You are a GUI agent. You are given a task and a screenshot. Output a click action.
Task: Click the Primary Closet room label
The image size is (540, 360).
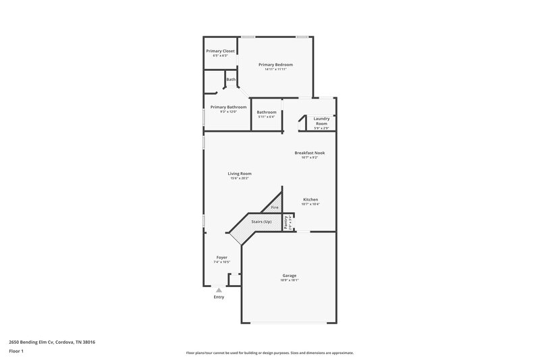[x=220, y=51]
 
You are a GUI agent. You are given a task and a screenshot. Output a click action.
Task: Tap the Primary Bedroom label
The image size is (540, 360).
[x=275, y=65]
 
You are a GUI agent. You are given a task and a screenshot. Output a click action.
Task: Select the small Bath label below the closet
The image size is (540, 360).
[x=231, y=80]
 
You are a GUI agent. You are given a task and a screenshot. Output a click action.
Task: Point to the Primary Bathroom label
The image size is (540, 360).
[x=228, y=107]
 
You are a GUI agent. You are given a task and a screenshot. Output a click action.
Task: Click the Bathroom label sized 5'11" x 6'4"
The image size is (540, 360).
[x=267, y=112]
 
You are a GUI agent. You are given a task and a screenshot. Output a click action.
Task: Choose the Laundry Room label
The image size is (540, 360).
[x=321, y=122]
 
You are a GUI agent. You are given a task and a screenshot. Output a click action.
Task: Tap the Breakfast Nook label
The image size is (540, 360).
[x=310, y=153]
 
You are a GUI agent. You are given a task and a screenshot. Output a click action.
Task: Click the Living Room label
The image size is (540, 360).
[x=240, y=174]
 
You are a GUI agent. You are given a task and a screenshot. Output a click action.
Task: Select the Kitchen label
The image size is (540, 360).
[x=310, y=199]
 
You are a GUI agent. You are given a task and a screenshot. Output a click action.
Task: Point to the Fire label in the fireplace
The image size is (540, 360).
[x=275, y=207]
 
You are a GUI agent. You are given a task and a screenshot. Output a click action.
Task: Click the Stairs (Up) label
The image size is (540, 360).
[x=261, y=222]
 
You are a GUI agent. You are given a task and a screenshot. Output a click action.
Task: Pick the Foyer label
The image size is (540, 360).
[x=221, y=257]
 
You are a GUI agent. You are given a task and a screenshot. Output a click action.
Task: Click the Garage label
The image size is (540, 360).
[x=289, y=275]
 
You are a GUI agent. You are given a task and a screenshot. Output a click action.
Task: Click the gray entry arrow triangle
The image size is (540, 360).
[x=219, y=290]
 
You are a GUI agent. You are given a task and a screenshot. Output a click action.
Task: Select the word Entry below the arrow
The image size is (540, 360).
[x=219, y=297]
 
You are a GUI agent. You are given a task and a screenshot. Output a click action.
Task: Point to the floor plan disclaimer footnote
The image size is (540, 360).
[x=269, y=353]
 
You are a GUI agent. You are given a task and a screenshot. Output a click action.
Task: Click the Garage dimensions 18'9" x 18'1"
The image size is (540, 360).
[x=289, y=280]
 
